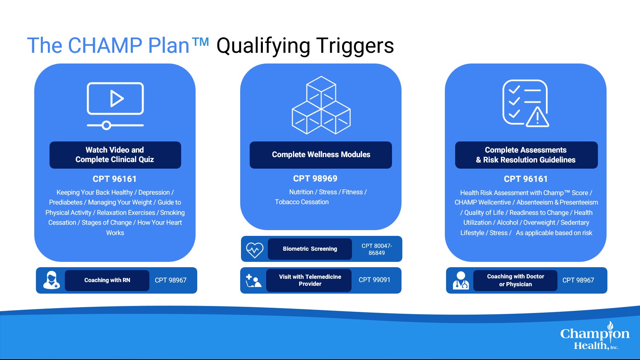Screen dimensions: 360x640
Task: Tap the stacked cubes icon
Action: tap(321, 105)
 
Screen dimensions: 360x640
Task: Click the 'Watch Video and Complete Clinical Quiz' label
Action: tap(115, 155)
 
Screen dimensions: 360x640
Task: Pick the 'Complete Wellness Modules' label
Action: tap(321, 155)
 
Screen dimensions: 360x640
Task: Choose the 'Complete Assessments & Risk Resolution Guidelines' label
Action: tap(526, 155)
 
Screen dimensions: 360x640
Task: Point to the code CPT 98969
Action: tap(315, 179)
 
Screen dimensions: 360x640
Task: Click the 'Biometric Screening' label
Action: tap(310, 249)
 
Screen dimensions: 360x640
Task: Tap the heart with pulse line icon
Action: tap(255, 249)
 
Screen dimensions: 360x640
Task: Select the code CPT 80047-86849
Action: tap(377, 249)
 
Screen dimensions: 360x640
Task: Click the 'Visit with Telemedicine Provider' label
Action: tap(310, 280)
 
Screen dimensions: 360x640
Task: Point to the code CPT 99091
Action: tap(374, 280)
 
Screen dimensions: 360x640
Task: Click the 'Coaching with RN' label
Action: tap(107, 280)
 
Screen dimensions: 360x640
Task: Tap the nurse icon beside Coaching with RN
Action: tap(52, 280)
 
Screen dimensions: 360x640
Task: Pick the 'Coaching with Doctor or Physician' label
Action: tap(515, 280)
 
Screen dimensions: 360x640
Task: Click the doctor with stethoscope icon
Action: tap(461, 280)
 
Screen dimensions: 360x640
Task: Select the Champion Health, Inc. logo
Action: tap(595, 336)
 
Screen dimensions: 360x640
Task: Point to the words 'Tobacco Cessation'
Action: tap(302, 202)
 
